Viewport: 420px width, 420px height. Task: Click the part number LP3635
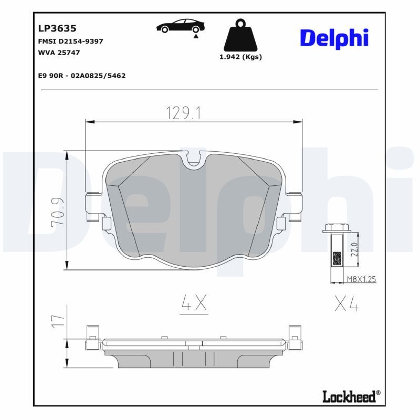(x=57, y=28)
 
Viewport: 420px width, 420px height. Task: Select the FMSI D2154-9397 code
(x=71, y=41)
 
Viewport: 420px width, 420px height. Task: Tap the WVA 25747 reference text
(x=59, y=52)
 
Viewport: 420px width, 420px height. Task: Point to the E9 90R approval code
(x=82, y=76)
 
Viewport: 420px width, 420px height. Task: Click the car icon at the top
(x=181, y=26)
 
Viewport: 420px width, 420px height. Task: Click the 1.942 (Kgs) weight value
(x=240, y=57)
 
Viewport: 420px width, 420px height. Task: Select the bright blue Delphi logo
(x=334, y=38)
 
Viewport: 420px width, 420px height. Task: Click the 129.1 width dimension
(x=183, y=113)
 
